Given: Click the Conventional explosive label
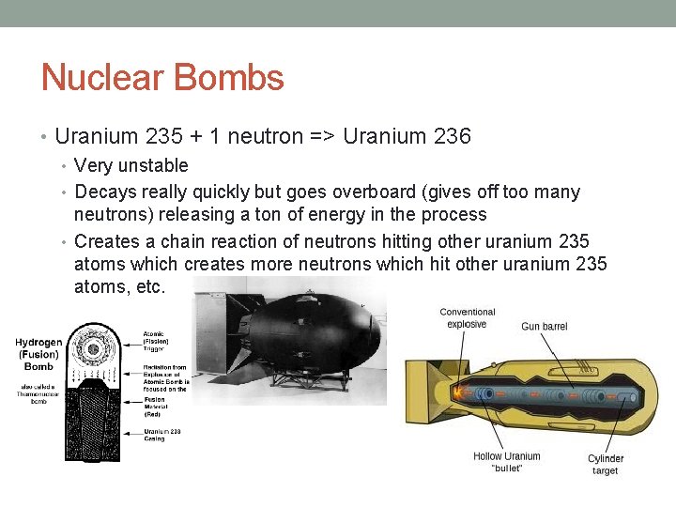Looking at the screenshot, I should [x=467, y=318].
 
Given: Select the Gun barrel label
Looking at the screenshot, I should [x=545, y=327].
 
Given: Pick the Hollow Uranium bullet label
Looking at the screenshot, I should [x=507, y=462].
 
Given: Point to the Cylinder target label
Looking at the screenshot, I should [x=606, y=465].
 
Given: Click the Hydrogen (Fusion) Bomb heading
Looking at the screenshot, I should [x=38, y=355].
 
